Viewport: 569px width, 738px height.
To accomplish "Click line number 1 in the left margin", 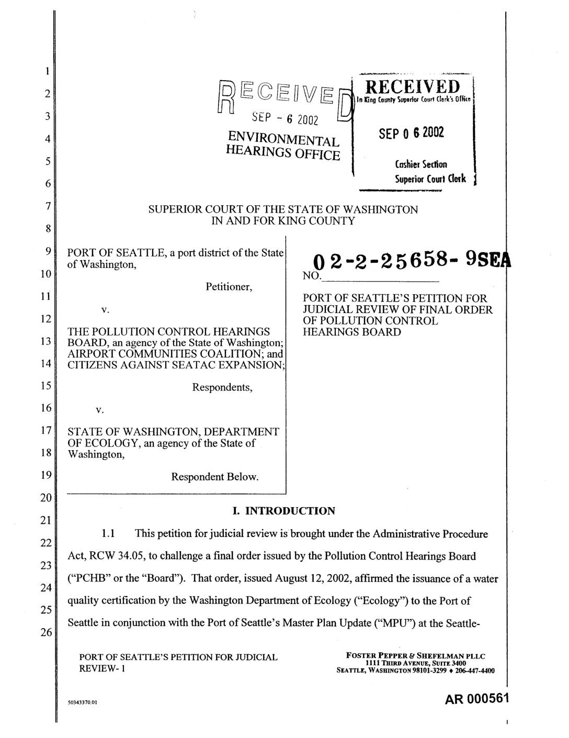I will (47, 72).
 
